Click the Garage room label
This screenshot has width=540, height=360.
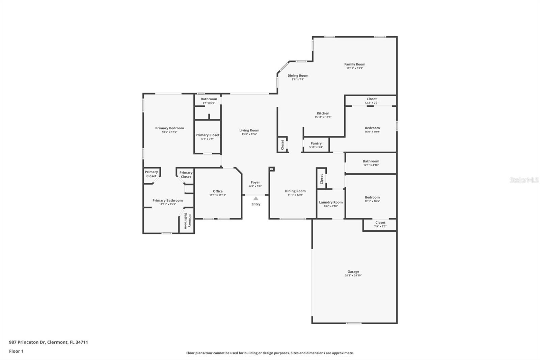(353, 272)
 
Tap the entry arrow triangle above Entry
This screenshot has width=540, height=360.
(256, 199)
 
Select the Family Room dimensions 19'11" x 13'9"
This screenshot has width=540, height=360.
(354, 68)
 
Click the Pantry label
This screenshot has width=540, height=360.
(316, 144)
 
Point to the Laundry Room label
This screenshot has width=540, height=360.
(331, 202)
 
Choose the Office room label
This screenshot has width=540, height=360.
(218, 191)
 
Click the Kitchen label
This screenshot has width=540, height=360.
(323, 113)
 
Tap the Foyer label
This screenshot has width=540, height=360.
(255, 182)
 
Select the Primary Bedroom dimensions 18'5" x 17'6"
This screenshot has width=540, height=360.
(169, 132)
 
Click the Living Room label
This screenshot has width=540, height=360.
(249, 130)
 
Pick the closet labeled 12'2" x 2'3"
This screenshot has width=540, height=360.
(371, 101)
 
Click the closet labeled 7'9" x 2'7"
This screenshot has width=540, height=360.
(380, 224)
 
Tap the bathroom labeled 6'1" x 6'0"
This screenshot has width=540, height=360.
(209, 101)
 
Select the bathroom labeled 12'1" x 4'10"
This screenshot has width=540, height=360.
(371, 163)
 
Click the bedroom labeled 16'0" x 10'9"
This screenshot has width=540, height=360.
(372, 130)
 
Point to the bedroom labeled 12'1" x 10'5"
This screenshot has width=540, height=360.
(372, 199)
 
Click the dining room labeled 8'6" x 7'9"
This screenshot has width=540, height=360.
(298, 77)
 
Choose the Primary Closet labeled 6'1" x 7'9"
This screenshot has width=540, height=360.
(207, 137)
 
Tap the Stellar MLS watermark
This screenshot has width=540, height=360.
(524, 180)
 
